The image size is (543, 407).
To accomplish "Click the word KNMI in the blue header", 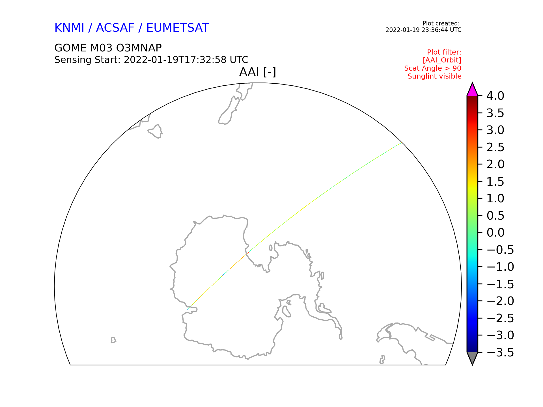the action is (x=69, y=28).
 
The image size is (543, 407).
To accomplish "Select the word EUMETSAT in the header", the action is (x=178, y=28).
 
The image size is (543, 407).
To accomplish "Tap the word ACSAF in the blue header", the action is (x=115, y=28).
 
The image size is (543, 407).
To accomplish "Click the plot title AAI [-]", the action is (x=258, y=72).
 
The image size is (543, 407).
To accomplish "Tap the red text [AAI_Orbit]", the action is (x=442, y=60).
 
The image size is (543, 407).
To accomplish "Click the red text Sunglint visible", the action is (x=434, y=76).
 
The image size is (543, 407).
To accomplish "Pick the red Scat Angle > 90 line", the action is (x=433, y=68).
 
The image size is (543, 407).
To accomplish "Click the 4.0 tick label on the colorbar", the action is (x=495, y=96).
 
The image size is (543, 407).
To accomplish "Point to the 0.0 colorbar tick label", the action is (x=495, y=233).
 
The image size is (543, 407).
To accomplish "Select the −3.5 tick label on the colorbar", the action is (x=500, y=352).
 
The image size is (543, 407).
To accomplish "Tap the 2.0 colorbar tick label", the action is (x=495, y=164).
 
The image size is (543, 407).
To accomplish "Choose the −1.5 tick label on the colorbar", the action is (x=500, y=284).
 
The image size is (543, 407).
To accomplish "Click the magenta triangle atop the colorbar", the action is (x=472, y=90).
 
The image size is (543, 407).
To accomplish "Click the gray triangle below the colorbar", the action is (x=472, y=358).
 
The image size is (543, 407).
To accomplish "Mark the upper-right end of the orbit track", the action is (x=401, y=143).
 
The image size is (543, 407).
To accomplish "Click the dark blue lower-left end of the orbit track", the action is (x=187, y=311).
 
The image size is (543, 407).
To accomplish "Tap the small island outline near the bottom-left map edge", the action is (x=113, y=340).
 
